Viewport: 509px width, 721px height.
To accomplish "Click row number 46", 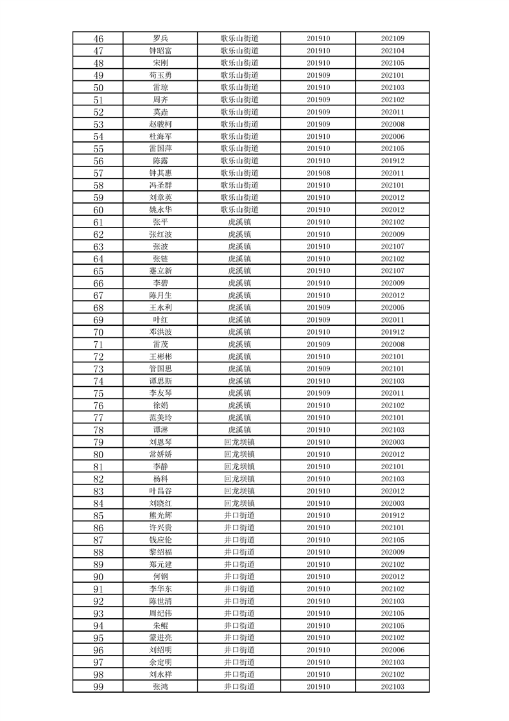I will [98, 39].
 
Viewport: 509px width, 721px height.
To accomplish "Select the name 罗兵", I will [160, 39].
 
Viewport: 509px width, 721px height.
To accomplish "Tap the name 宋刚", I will [160, 63].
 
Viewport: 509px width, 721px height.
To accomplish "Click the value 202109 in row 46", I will [392, 39].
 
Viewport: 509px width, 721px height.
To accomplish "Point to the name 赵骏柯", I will [160, 124].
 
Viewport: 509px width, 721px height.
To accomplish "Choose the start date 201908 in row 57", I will [318, 173].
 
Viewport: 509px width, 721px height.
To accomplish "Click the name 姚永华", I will [160, 209].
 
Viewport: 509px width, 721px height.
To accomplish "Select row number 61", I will [98, 222].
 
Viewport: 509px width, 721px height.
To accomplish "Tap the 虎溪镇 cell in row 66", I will [239, 283].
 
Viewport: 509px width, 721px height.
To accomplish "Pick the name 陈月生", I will [160, 295].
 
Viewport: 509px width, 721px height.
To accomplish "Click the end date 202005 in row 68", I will [392, 307].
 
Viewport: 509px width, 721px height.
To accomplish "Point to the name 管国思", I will [160, 369].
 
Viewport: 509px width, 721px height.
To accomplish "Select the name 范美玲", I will [160, 418].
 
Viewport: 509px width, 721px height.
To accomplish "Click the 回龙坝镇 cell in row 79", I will [239, 442].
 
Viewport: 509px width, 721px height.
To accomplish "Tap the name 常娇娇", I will [160, 454].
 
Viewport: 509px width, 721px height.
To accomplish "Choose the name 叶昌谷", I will [160, 491].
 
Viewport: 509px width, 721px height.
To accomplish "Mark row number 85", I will [98, 515].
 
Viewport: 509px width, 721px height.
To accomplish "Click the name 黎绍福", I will [160, 552].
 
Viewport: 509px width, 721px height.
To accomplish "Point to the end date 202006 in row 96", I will [392, 650].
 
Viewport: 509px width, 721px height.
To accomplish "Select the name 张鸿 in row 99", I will [160, 686].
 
